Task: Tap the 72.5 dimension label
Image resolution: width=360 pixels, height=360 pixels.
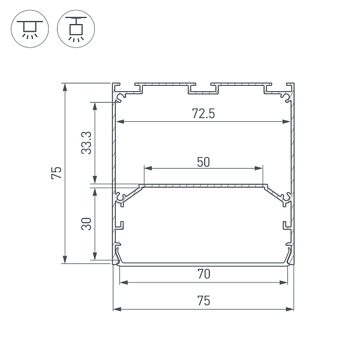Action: point(203,114)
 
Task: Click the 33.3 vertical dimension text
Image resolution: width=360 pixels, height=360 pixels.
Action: point(86,143)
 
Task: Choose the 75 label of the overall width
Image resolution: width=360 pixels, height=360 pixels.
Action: point(203,301)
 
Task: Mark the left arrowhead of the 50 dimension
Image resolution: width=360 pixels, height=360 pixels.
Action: point(145,167)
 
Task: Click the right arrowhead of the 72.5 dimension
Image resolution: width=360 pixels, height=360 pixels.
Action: point(286,122)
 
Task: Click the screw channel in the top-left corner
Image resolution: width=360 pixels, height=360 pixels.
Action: point(122,95)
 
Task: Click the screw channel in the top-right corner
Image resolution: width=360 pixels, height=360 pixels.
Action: point(285,95)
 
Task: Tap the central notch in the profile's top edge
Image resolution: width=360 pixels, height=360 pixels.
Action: point(203,89)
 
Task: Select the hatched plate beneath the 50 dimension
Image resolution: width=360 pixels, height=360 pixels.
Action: point(203,185)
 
